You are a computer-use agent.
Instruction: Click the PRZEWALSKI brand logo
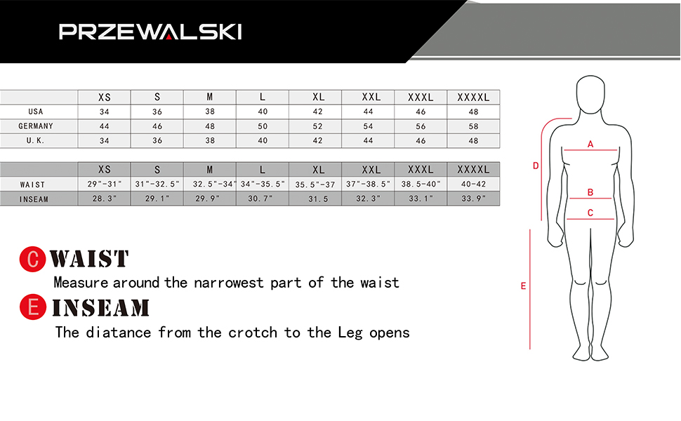click(150, 32)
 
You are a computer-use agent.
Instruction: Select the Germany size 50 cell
click(263, 126)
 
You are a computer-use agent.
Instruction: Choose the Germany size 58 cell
click(473, 126)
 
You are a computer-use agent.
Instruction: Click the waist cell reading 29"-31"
click(105, 185)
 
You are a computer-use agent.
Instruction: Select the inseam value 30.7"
click(263, 199)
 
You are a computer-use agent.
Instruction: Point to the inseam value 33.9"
click(473, 199)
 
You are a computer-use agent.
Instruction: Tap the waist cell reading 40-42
click(473, 185)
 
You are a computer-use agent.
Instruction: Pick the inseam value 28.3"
click(105, 199)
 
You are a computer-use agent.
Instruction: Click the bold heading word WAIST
click(90, 259)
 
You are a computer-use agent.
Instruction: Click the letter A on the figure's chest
click(590, 145)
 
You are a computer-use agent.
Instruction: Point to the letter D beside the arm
click(536, 166)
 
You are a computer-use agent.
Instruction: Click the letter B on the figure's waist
click(590, 192)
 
